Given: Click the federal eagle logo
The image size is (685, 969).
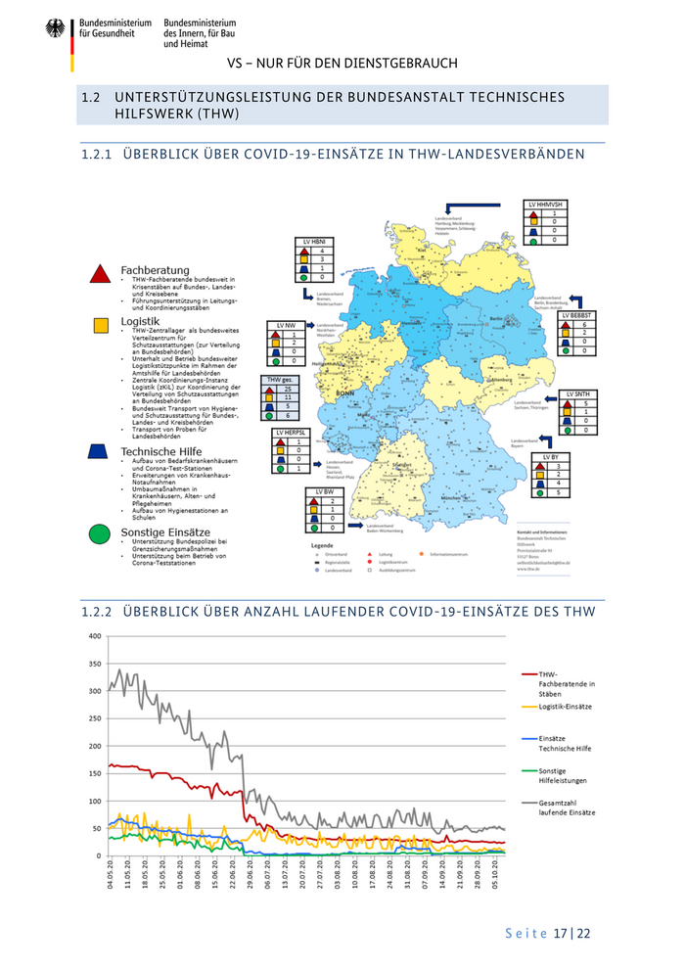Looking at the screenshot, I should point(55,29).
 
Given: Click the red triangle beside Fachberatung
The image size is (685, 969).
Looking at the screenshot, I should point(98,273).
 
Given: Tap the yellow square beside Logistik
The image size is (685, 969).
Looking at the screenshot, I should point(98,325).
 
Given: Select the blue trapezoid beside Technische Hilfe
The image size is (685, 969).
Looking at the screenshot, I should point(98,451).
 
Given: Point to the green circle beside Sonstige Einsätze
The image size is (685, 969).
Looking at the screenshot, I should point(98,533).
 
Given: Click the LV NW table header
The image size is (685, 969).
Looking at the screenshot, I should point(286,324).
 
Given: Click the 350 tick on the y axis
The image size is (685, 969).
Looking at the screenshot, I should point(95,664).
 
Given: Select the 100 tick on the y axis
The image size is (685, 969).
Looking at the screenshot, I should point(95,801).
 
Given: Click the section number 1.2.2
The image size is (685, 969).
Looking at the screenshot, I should point(96,612).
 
